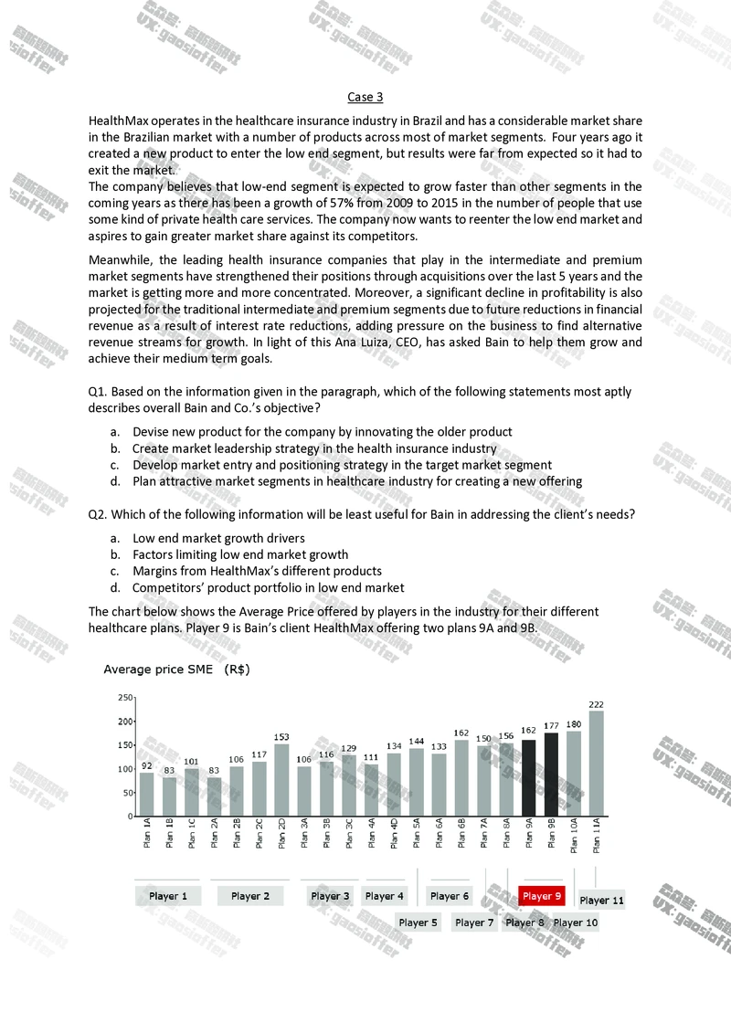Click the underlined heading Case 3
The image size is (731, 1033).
click(x=365, y=97)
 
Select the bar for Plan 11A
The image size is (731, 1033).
click(x=596, y=763)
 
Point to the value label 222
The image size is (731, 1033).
click(x=596, y=704)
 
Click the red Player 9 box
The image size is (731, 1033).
click(x=542, y=896)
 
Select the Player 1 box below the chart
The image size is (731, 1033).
click(x=168, y=896)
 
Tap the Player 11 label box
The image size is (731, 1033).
click(x=602, y=900)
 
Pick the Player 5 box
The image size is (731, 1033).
click(x=418, y=922)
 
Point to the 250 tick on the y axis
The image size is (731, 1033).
click(x=126, y=698)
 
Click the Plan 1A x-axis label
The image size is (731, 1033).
click(x=147, y=834)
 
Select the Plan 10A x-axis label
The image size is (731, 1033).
click(x=574, y=835)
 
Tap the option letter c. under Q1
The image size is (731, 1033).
click(x=116, y=465)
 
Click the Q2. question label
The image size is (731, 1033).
click(x=98, y=514)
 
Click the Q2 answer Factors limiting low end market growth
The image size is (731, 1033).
click(x=240, y=554)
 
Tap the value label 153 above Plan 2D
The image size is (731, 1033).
click(x=281, y=736)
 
